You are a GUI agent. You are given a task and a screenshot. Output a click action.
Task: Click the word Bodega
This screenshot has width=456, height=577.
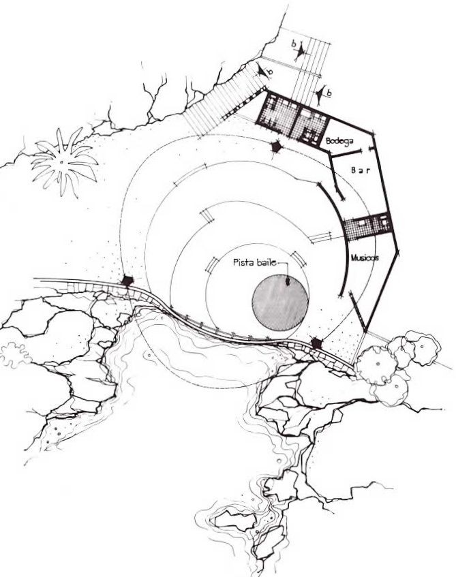339,141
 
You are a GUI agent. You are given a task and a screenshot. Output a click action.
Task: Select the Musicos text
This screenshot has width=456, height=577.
365,258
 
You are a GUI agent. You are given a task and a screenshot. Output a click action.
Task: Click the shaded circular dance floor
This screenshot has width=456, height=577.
280,302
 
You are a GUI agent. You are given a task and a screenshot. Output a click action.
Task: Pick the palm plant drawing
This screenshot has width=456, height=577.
63,162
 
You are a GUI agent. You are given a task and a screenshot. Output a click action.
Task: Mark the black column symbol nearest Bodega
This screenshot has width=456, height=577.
276,148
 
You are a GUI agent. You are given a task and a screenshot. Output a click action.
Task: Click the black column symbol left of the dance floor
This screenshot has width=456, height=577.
127,281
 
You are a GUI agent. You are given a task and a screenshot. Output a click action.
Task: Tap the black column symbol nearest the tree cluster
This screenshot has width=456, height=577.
316,343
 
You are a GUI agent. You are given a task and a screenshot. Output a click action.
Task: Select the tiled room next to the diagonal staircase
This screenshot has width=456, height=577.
278,114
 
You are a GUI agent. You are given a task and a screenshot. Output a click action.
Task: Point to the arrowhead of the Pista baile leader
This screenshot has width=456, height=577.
288,282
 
